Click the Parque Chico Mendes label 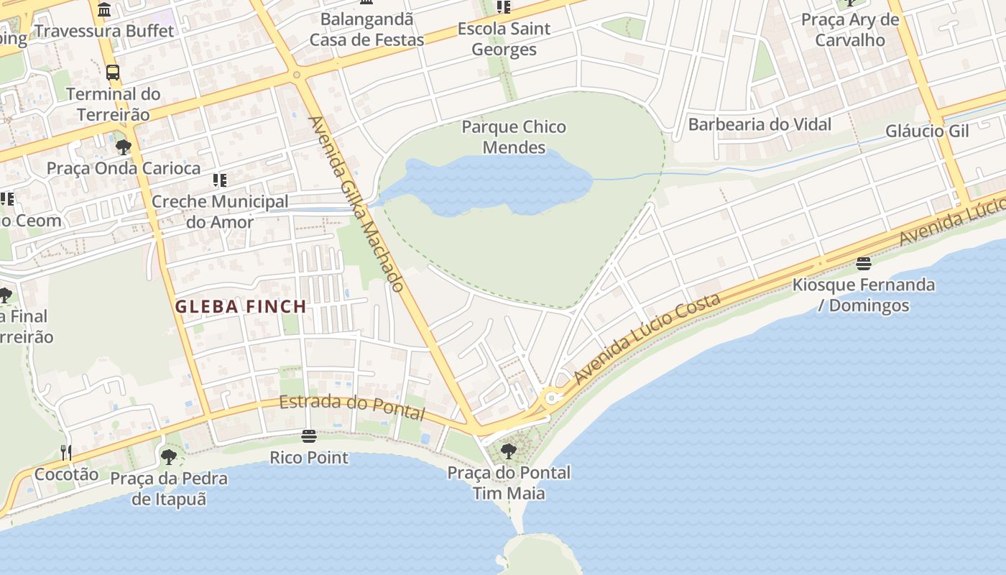coord(514,137)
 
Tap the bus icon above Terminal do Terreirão coord(113,72)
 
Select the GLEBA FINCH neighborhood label coord(241,307)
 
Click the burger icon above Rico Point coord(309,436)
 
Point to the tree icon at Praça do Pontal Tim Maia coord(509,451)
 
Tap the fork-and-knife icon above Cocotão coord(66,452)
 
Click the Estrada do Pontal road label coord(352,407)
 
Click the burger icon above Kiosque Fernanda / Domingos coord(864,263)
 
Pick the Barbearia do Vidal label coord(760,124)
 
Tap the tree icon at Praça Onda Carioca coord(124,147)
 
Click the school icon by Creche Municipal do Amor coord(220,180)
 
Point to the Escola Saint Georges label coord(504,39)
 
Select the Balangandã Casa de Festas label coord(366,29)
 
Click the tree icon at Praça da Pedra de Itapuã coord(169,456)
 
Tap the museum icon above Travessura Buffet coord(105,10)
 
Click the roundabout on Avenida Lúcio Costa coord(552,397)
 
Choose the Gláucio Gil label coord(927,131)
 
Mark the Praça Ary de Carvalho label coord(850,29)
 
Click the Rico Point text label coord(309,457)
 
